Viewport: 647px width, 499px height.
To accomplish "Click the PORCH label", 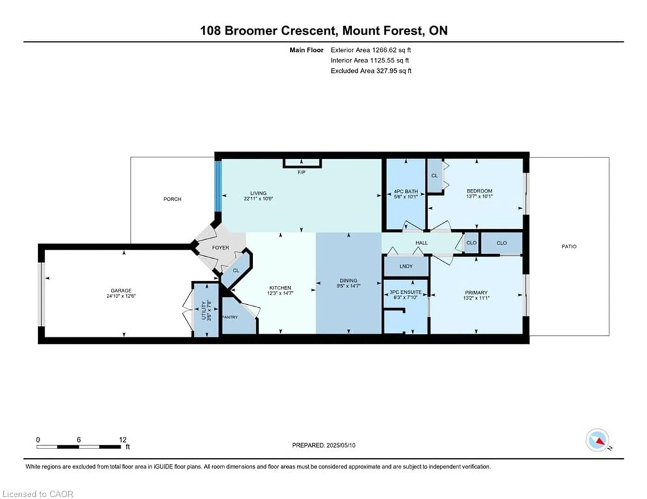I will (x=172, y=199).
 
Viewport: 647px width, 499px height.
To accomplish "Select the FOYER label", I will (x=220, y=248).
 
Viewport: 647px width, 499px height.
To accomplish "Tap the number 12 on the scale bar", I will (x=123, y=440).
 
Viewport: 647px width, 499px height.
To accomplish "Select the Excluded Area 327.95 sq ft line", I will (x=371, y=71).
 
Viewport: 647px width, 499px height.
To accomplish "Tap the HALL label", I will (x=421, y=243).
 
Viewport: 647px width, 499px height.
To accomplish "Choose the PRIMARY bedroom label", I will (x=476, y=293).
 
